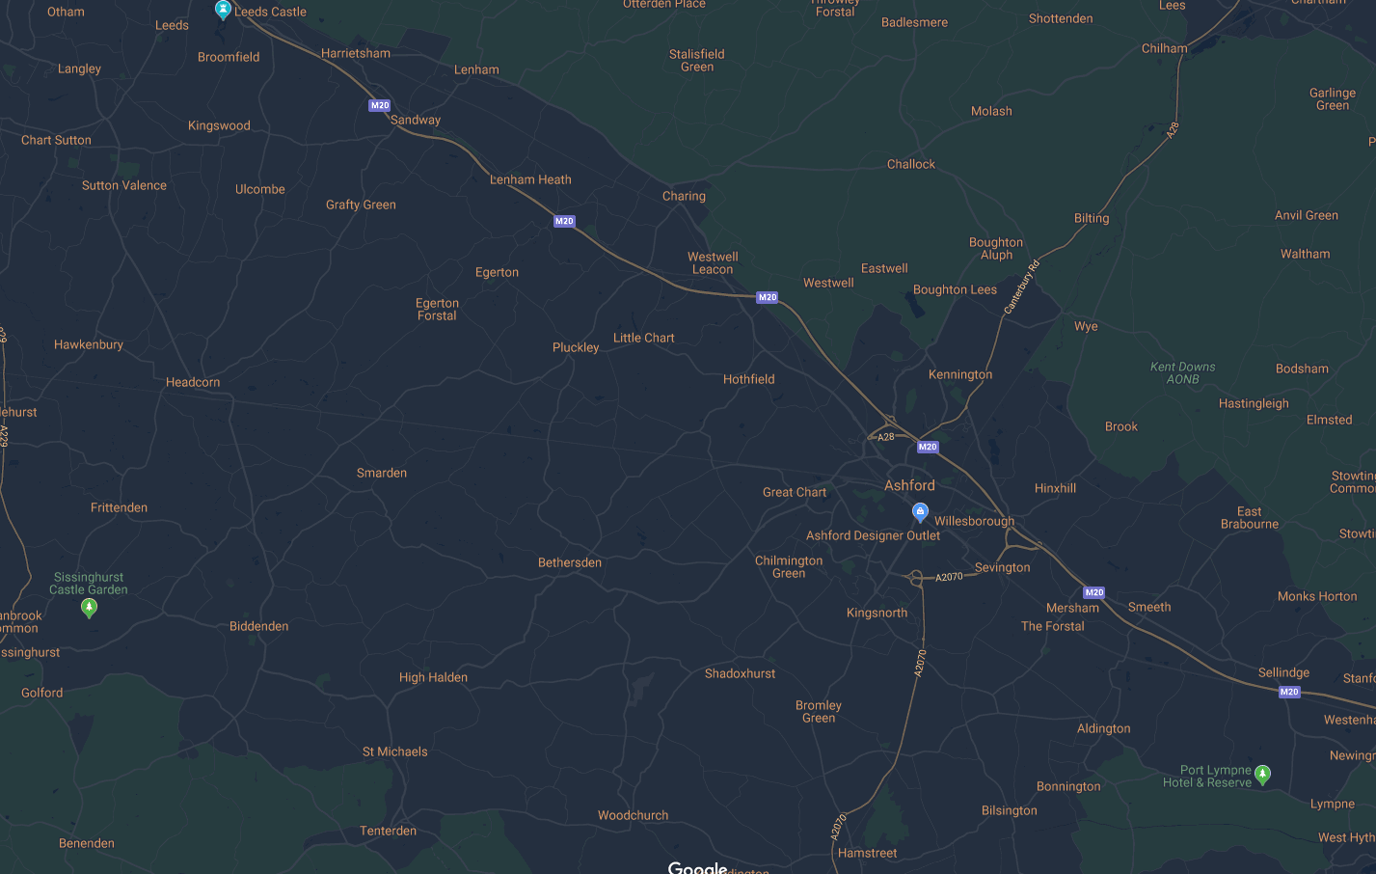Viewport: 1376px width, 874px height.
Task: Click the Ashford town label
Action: [x=909, y=485]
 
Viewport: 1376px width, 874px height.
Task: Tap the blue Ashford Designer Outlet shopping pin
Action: [x=920, y=512]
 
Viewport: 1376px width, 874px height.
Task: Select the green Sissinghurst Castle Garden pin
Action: [x=89, y=607]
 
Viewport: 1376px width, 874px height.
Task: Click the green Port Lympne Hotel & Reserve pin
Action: [x=1263, y=774]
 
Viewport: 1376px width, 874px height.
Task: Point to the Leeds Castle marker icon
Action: [x=223, y=10]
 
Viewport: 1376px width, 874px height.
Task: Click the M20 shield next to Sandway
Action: [x=380, y=105]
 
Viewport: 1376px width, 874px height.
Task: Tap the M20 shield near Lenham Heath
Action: [x=564, y=221]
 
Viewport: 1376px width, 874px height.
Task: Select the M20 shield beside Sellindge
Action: [x=1289, y=692]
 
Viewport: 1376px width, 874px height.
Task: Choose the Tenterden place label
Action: [x=389, y=831]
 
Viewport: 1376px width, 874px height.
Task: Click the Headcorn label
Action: [x=193, y=382]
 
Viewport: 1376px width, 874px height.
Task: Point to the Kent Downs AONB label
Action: [x=1182, y=373]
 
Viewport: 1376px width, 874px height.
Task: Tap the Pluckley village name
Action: [x=576, y=347]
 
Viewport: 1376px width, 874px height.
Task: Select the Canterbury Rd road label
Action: [x=1022, y=287]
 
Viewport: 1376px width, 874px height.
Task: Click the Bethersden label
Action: [x=570, y=562]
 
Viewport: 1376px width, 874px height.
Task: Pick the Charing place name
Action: [x=684, y=196]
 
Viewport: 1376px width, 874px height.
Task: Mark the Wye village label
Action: [x=1086, y=326]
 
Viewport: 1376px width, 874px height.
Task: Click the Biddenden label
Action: [x=258, y=626]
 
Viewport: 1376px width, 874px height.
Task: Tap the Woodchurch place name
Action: [x=633, y=815]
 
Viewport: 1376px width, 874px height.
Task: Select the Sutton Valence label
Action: [x=124, y=185]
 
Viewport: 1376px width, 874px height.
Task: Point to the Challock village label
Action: [x=911, y=164]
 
